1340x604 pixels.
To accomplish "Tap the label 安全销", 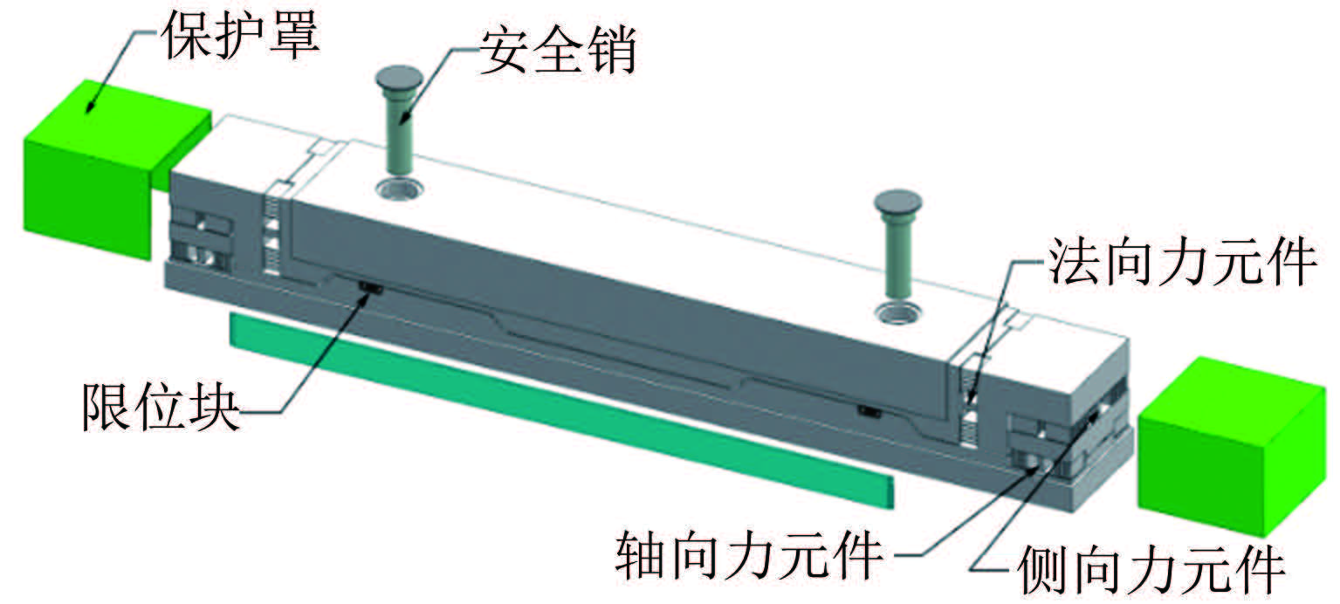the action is (558, 50).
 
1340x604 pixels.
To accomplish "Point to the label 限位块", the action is (161, 406).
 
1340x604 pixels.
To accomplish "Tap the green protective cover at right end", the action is (1231, 444).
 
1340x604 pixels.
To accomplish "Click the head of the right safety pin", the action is (897, 203).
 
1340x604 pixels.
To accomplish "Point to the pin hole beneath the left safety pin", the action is (400, 189).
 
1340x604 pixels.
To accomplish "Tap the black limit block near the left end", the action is (371, 289).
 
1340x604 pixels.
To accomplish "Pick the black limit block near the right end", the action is (870, 412).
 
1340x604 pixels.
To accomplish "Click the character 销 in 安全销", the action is (610, 50).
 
